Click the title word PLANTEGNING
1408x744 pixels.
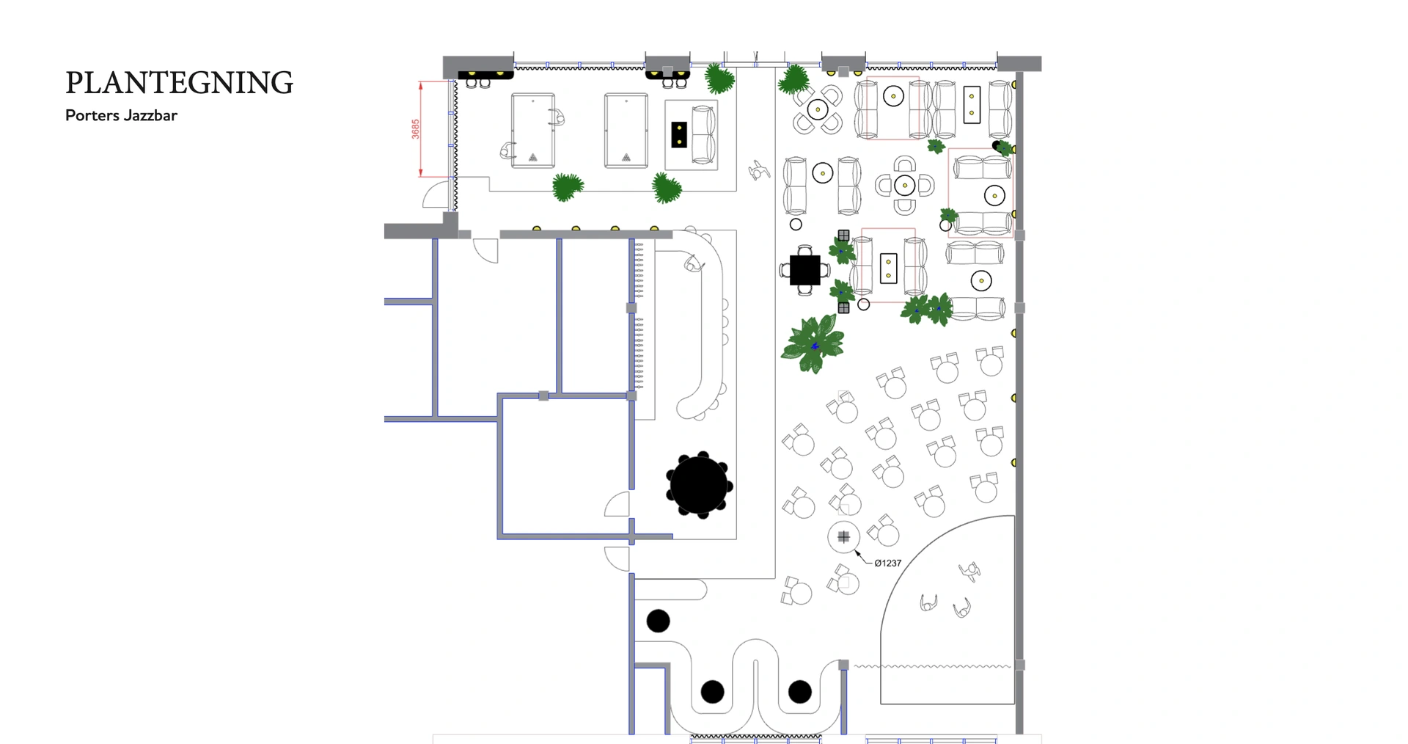[x=179, y=83]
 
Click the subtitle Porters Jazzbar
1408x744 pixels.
[x=121, y=115]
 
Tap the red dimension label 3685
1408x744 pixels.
[x=416, y=129]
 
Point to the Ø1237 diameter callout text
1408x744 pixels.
[x=887, y=563]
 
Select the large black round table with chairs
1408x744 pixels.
[x=700, y=485]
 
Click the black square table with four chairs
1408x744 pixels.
[x=804, y=270]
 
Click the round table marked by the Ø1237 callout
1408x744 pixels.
[x=843, y=537]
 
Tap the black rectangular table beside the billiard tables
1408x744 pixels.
[x=679, y=134]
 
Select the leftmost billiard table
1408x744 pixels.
[x=533, y=131]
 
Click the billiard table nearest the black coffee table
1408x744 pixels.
[x=626, y=131]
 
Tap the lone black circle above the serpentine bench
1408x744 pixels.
[x=658, y=621]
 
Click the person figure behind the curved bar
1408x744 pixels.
[x=693, y=263]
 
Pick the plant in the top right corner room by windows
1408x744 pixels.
[x=1002, y=147]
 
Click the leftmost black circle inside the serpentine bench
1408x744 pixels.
[x=712, y=691]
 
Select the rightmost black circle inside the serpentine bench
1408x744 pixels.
[x=799, y=691]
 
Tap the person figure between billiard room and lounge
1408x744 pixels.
[x=758, y=171]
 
